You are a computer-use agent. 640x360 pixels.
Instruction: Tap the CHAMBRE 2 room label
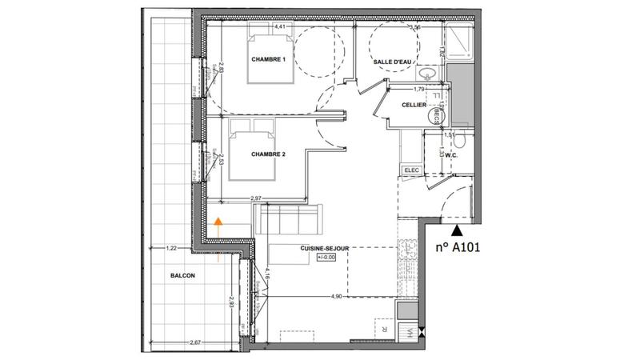tap(269, 154)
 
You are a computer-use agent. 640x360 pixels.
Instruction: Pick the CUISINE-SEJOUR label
tap(324, 249)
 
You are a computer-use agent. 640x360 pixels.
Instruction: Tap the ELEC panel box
tap(412, 170)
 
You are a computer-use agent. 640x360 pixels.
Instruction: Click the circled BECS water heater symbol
tap(431, 116)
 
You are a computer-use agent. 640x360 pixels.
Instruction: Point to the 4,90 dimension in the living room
tap(337, 295)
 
